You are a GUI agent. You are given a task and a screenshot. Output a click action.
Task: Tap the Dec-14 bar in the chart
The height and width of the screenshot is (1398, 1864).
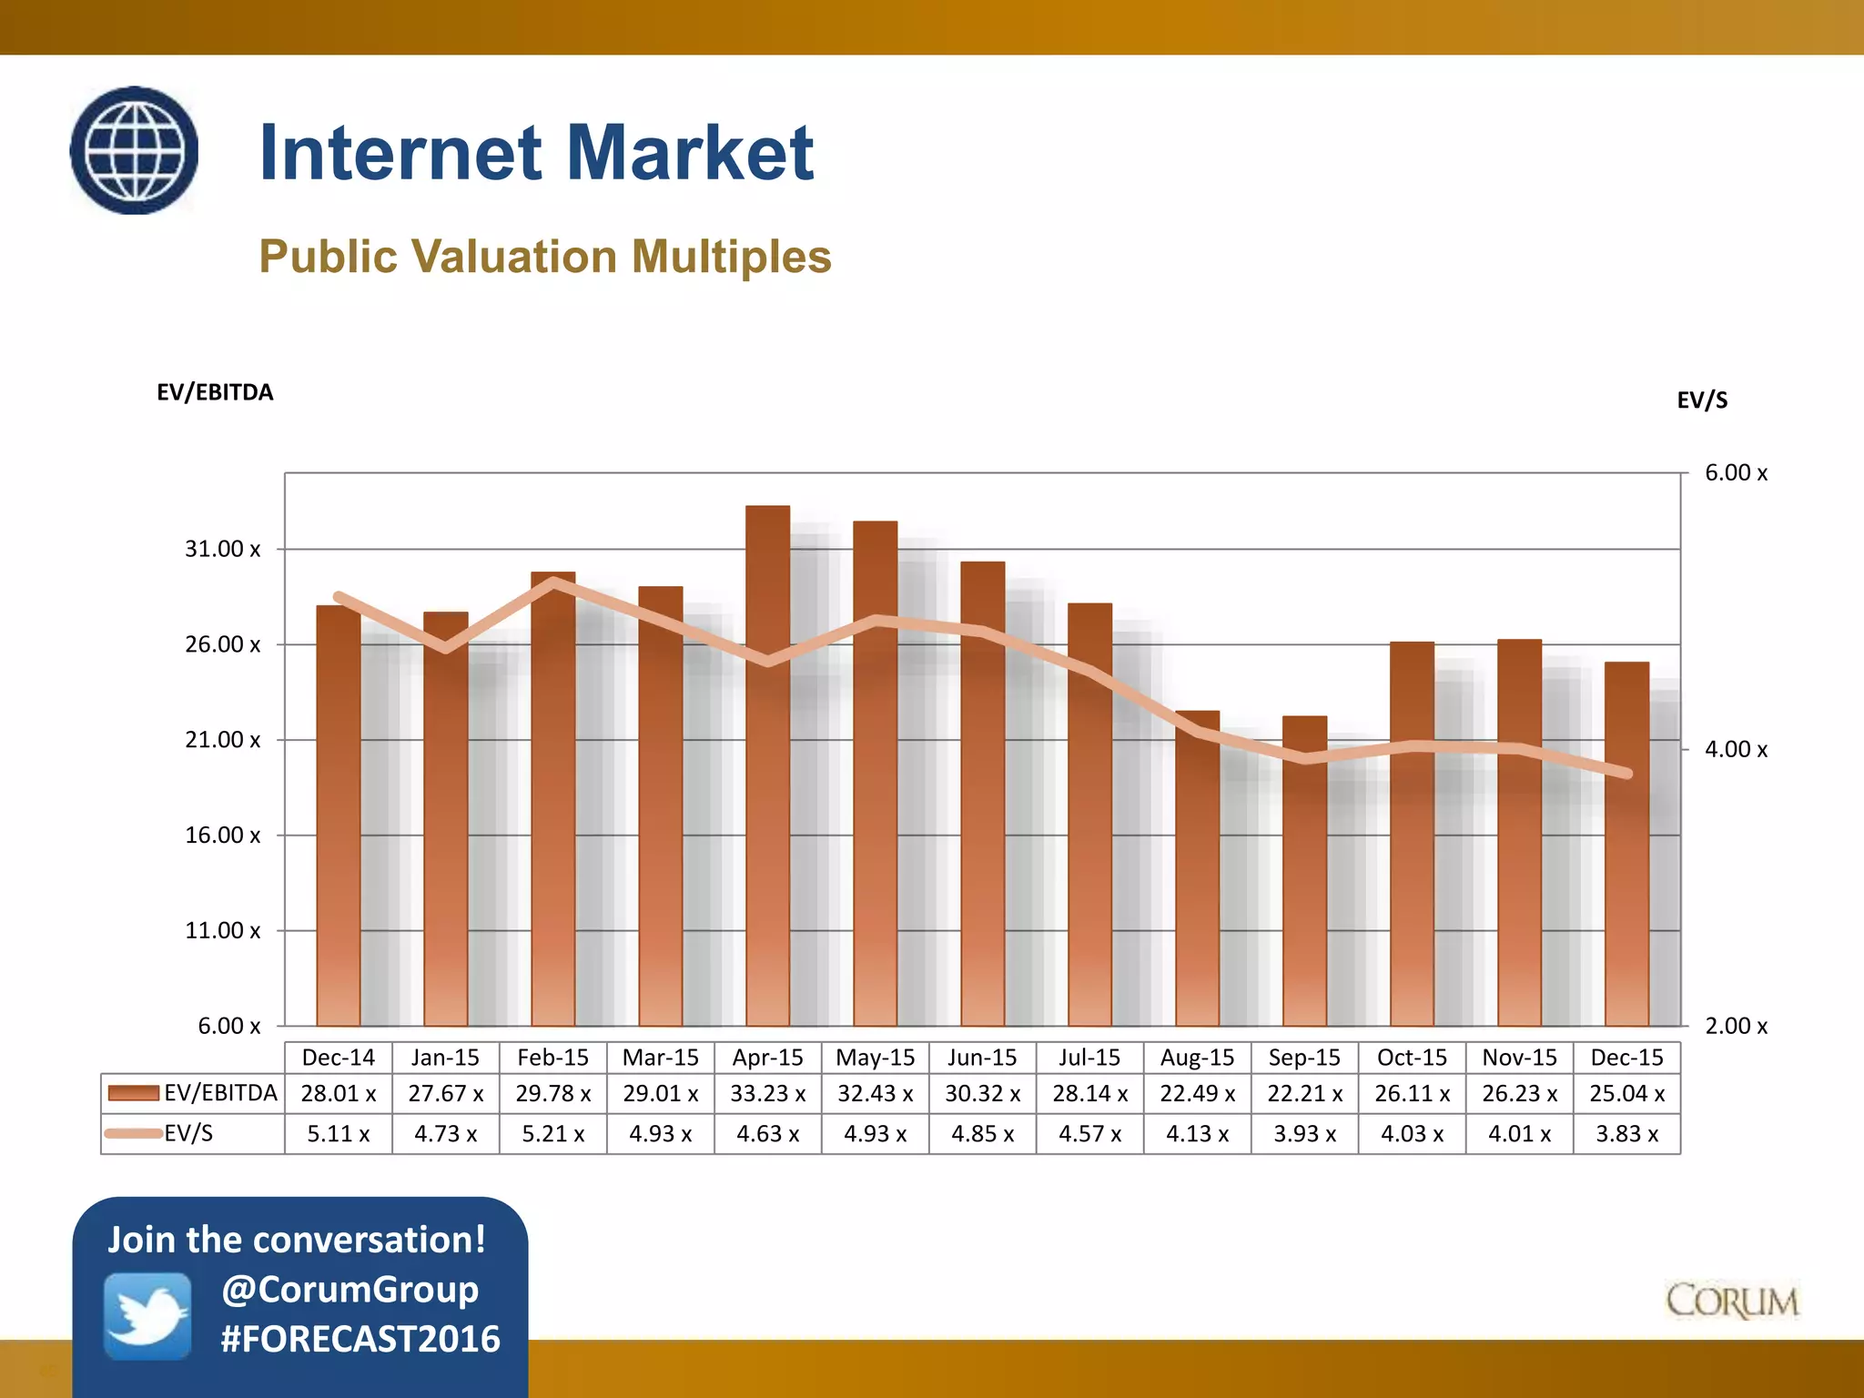tap(338, 819)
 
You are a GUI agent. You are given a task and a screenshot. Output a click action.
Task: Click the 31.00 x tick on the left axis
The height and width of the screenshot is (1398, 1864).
tap(222, 549)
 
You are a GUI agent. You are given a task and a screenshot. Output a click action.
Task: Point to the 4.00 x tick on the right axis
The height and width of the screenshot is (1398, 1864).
tap(1736, 749)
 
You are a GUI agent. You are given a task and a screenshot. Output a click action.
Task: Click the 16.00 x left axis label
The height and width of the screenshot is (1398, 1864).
tap(222, 835)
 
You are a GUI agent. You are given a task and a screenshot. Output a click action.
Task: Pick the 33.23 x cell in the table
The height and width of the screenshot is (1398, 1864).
tap(767, 1093)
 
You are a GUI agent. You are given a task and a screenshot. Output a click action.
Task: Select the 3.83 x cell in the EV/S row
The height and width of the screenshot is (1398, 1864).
tap(1626, 1134)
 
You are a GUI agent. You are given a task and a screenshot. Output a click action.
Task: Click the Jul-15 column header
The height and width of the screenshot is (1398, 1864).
tap(1089, 1058)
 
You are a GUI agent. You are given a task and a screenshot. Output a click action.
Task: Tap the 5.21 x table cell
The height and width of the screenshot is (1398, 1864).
tap(552, 1134)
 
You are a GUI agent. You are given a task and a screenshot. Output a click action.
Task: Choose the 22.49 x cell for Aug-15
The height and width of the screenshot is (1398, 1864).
tap(1197, 1093)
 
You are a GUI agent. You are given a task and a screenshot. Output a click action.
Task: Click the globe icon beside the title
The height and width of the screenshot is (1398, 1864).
tap(135, 150)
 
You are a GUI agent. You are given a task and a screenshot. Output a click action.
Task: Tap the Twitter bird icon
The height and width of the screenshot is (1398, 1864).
tap(147, 1316)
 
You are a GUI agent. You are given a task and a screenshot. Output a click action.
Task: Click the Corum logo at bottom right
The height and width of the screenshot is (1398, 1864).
tap(1732, 1302)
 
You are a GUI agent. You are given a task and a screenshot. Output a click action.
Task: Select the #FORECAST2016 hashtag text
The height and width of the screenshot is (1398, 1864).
tap(360, 1339)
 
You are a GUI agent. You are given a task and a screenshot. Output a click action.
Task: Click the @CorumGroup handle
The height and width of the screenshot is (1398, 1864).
tap(350, 1290)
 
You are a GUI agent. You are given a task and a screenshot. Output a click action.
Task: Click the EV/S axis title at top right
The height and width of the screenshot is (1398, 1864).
tap(1702, 400)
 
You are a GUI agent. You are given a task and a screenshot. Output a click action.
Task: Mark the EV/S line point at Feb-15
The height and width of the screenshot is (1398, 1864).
tap(553, 582)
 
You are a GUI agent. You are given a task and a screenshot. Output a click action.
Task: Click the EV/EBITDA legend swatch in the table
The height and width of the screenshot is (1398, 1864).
tap(133, 1093)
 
